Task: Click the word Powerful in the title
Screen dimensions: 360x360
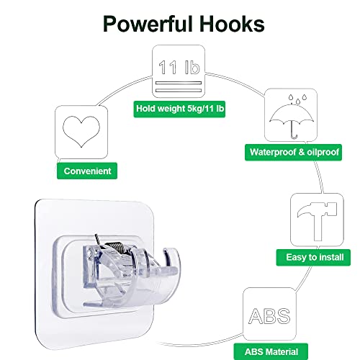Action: (x=148, y=24)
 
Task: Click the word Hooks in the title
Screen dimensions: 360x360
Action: (x=232, y=24)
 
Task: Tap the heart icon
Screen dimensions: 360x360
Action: (x=81, y=132)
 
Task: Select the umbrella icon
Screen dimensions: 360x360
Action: (x=292, y=117)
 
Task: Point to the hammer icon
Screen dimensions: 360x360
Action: (x=318, y=221)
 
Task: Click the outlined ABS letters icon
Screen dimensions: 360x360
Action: (x=269, y=316)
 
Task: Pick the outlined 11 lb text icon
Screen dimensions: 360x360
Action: (x=179, y=67)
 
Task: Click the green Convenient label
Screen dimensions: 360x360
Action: (x=87, y=171)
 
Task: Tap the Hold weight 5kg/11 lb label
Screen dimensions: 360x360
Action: (x=179, y=109)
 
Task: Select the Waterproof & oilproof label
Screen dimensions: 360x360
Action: (x=293, y=152)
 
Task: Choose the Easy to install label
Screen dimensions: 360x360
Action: (x=313, y=257)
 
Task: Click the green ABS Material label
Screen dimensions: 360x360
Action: (x=271, y=352)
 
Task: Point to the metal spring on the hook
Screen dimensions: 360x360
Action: (x=114, y=247)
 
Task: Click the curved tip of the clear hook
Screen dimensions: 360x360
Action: (x=172, y=256)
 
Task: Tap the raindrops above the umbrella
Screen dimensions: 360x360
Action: (x=297, y=99)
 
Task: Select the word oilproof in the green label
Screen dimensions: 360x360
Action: (x=323, y=152)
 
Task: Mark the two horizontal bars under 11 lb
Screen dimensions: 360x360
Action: (x=179, y=86)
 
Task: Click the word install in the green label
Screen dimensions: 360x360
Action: (x=332, y=257)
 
